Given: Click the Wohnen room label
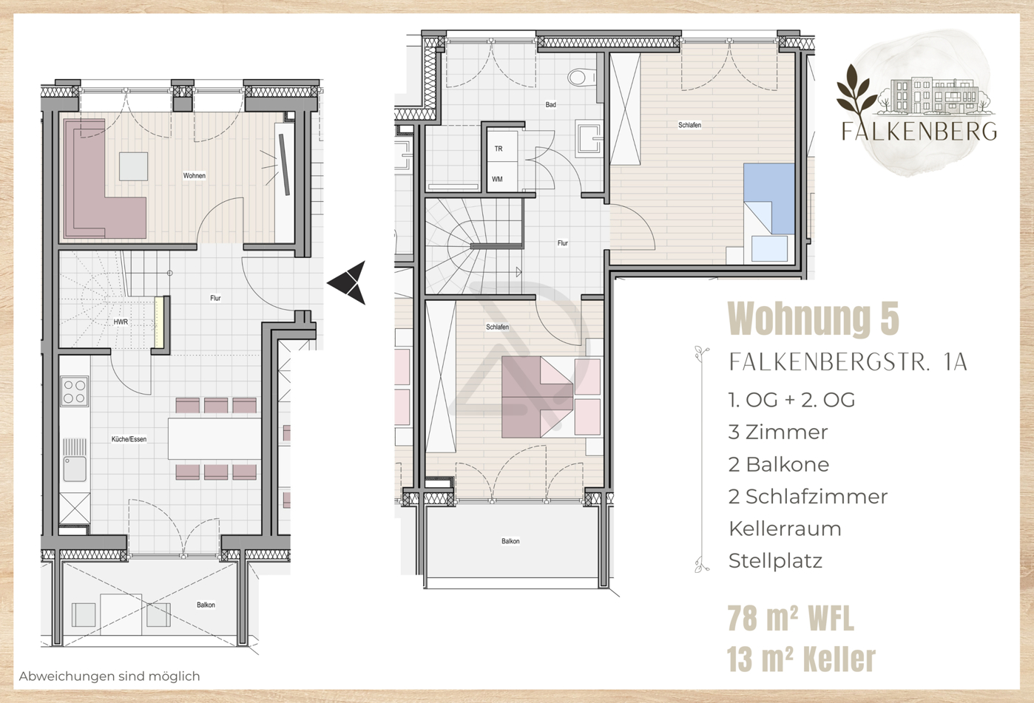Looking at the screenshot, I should pos(195,176).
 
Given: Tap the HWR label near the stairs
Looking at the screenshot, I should pos(121,322).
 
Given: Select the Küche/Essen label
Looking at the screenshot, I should pos(129,439).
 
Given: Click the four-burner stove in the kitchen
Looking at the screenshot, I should pos(74,392).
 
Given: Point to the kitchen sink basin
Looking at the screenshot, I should pos(74,469).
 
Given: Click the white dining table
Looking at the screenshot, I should pos(214,438).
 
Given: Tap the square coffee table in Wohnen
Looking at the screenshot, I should pos(134,166).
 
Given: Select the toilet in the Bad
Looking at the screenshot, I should pos(581,76).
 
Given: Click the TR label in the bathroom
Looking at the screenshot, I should pos(499,149).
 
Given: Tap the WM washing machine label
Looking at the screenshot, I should pos(497,180).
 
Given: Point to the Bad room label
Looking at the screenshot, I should pos(550,105).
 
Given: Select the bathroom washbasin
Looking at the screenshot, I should pos(589,139).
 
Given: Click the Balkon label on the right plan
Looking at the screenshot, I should pos(510,541).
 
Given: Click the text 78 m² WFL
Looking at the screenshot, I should pos(790,619).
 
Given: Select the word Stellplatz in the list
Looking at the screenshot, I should pos(775,561).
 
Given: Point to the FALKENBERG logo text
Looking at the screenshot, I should pos(919,132).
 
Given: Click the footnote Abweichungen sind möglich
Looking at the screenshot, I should pos(109,676).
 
